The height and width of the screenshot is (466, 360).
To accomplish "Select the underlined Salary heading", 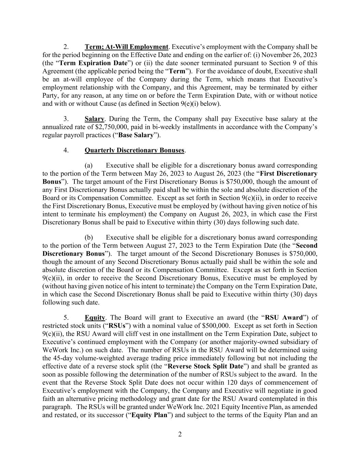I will point(94,119).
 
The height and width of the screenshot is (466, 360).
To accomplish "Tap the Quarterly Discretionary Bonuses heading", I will point(134,150).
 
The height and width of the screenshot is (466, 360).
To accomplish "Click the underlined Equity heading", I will point(95,317).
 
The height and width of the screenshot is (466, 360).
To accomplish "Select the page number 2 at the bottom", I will point(180,434).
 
